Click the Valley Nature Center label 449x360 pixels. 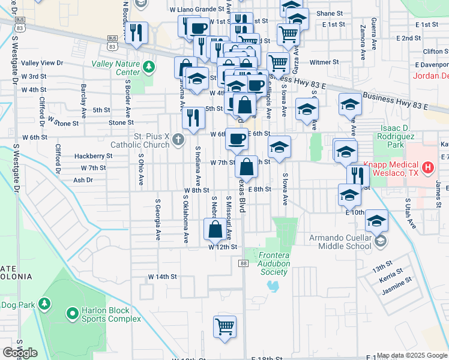[x=115, y=68]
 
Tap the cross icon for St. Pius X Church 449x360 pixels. [x=178, y=140]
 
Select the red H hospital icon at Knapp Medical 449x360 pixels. [x=427, y=167]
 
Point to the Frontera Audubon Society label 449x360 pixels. [x=274, y=263]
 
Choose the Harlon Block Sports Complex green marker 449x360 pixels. [x=72, y=313]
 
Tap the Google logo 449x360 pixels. [x=19, y=353]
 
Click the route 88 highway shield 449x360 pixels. [x=243, y=264]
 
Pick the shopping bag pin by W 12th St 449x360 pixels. [x=215, y=229]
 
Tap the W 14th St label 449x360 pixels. [x=163, y=277]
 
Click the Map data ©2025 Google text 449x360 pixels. [x=412, y=355]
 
